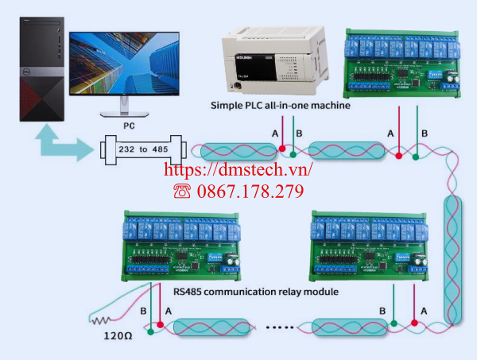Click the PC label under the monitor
[x=129, y=125]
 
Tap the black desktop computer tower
[x=41, y=72]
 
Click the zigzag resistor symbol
[x=100, y=322]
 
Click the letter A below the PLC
[x=276, y=134]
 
